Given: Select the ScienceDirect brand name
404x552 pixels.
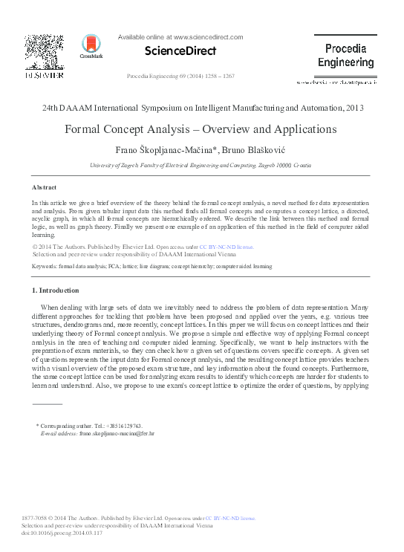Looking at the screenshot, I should [180, 51].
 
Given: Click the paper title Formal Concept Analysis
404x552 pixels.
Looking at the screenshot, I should [201, 129].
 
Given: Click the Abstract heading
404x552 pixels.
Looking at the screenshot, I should [45, 187].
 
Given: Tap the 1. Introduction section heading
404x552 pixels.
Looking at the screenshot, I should [56, 290].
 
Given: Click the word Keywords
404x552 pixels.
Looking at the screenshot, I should [44, 265].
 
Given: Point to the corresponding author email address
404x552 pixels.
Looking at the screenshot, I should [117, 432].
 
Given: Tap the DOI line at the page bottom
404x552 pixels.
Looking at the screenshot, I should [62, 533].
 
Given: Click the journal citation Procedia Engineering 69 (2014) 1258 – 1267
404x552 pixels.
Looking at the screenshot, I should [181, 77].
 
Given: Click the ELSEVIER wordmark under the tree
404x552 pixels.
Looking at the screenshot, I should [44, 75].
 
